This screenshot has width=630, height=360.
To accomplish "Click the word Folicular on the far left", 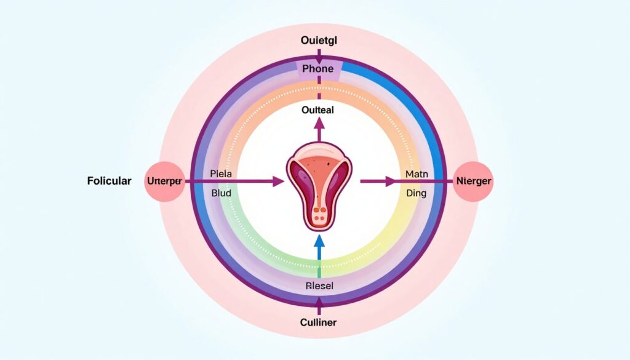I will click(x=110, y=182).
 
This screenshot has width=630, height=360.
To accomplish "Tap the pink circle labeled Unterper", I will click(x=164, y=182).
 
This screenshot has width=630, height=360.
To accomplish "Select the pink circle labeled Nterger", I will click(x=474, y=182).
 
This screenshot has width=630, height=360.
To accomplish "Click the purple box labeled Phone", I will click(x=319, y=68).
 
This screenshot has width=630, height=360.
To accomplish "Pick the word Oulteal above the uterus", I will click(x=319, y=111).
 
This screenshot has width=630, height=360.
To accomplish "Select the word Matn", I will click(x=417, y=174).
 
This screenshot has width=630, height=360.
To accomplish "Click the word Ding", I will click(x=417, y=193).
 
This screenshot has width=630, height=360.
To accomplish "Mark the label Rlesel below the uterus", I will click(x=319, y=286).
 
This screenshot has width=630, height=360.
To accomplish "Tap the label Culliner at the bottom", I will click(x=319, y=322).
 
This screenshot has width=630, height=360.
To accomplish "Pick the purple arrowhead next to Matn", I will click(x=391, y=182).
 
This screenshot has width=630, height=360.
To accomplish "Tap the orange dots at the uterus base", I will click(x=319, y=214).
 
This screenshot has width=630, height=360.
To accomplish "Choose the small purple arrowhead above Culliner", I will click(x=319, y=302).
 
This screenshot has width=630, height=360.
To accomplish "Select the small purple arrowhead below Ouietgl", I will click(x=319, y=57).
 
